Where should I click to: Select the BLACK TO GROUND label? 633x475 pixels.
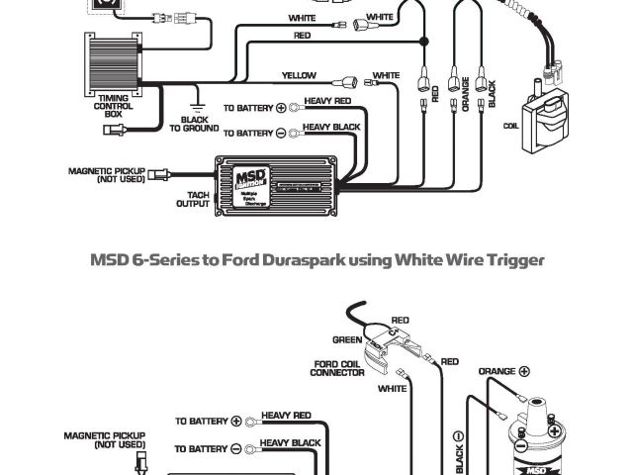click(194, 123)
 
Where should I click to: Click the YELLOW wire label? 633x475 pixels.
click(299, 75)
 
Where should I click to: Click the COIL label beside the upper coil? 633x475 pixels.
click(510, 126)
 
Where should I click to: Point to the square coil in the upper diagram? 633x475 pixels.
click(546, 117)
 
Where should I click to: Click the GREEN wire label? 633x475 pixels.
click(346, 338)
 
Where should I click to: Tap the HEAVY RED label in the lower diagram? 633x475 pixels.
click(286, 416)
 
